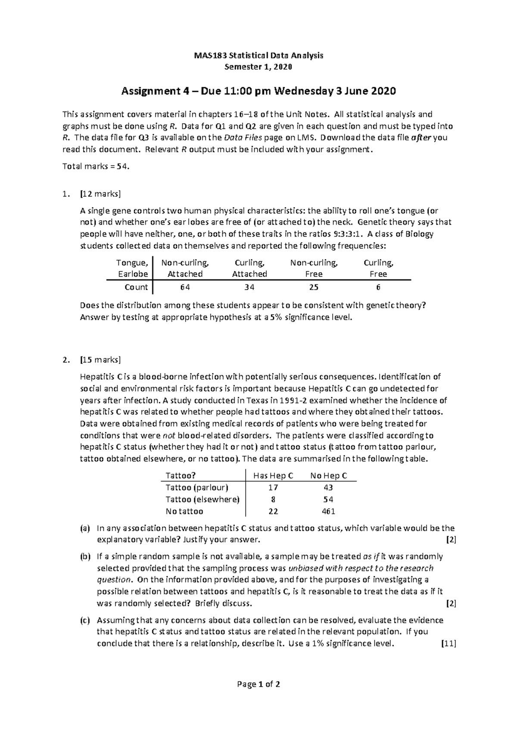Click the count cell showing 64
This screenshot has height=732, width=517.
(x=185, y=287)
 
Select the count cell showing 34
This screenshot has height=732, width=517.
(x=249, y=287)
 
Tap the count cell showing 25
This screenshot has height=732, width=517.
(x=314, y=287)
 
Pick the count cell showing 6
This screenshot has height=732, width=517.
(x=378, y=287)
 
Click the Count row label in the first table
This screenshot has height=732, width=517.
(x=136, y=287)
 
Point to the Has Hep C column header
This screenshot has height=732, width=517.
(x=273, y=476)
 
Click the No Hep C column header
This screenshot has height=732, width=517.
(x=328, y=476)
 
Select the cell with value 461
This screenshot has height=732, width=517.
(x=328, y=511)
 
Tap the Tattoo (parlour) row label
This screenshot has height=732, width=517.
(x=197, y=488)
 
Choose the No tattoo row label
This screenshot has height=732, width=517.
(x=184, y=511)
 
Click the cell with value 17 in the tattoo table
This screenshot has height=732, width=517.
(x=273, y=488)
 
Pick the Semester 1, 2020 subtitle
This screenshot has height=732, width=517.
(x=258, y=67)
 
